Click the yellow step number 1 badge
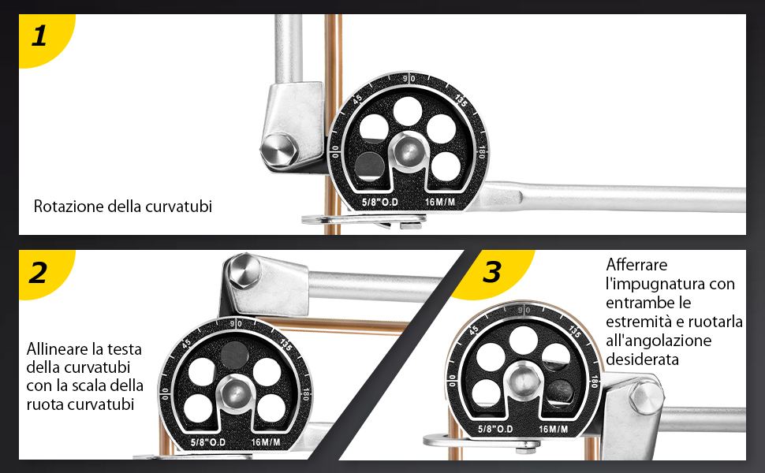(44, 38)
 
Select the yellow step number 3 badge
(493, 272)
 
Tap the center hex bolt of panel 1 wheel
(409, 151)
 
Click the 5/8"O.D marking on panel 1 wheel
(379, 202)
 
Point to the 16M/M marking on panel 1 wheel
(440, 202)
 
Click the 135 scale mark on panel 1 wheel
(461, 100)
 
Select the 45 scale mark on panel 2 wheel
(186, 344)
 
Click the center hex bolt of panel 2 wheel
(235, 392)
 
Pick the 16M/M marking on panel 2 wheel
(266, 442)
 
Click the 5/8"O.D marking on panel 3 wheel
(495, 429)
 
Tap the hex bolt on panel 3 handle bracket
(646, 397)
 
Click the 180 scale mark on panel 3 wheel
(594, 382)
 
